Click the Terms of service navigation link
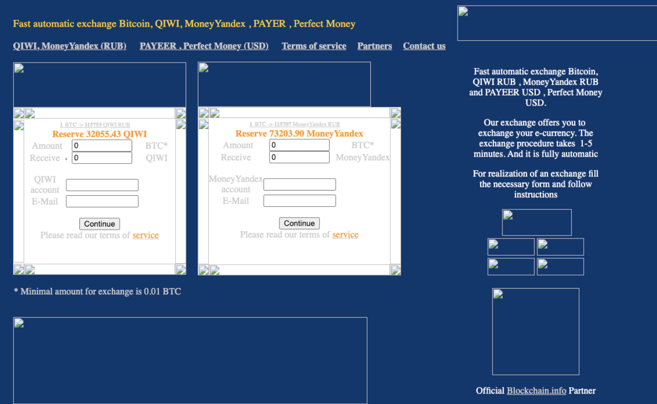tap(314, 46)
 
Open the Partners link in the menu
tap(374, 46)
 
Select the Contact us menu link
tap(424, 46)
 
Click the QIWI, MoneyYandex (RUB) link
tap(69, 46)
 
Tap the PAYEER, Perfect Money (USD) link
tap(204, 46)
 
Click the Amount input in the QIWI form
tap(102, 146)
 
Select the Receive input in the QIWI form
tap(102, 158)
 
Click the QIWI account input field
tap(102, 185)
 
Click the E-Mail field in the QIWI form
tap(102, 201)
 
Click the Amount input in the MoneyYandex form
tap(299, 145)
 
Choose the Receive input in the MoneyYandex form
tap(299, 157)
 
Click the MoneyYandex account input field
tap(299, 184)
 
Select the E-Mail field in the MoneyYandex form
tap(299, 201)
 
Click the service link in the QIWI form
tap(145, 235)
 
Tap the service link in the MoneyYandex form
tap(345, 235)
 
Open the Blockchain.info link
tap(536, 390)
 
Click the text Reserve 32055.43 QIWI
tap(99, 134)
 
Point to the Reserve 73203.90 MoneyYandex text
tap(299, 134)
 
